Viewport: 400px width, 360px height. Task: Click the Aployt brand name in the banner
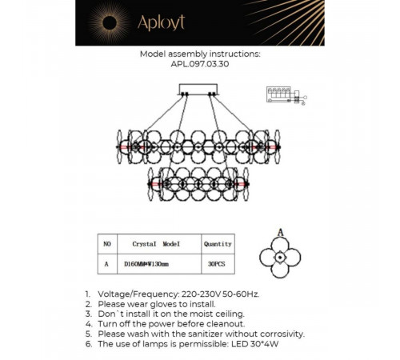coord(161,23)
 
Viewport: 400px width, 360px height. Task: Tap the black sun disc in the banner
coord(110,23)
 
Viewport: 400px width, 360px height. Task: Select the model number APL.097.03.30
coord(200,64)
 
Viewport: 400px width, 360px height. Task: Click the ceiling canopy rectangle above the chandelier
coord(198,90)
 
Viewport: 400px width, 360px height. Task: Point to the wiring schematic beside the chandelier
coord(286,95)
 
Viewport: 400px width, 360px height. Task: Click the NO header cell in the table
coord(107,244)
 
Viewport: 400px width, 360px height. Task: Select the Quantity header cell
coord(218,244)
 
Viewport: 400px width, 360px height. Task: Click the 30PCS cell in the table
coord(218,264)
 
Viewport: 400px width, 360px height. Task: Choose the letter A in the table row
coord(106,264)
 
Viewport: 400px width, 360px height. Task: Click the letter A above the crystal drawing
coord(280,233)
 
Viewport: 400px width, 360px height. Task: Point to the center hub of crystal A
coord(280,258)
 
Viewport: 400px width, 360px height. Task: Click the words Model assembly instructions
coord(200,54)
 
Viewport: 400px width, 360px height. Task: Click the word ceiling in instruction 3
coord(230,314)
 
